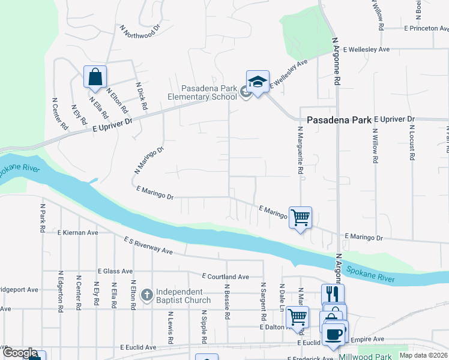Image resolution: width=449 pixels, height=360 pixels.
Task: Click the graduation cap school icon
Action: click(x=258, y=82)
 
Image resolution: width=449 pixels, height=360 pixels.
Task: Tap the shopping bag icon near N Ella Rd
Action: click(x=95, y=77)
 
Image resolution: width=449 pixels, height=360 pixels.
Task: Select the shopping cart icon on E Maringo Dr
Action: click(x=300, y=217)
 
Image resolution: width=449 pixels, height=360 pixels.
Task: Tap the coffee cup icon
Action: click(x=334, y=334)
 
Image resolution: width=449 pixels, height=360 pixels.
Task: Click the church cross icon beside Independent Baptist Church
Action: click(x=146, y=295)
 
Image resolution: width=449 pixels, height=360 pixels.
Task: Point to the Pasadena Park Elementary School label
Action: click(x=202, y=92)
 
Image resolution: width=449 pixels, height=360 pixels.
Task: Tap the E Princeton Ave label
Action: click(x=426, y=28)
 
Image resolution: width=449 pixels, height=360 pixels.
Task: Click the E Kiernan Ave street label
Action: click(x=77, y=232)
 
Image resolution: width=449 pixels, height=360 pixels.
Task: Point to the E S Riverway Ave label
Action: click(x=148, y=246)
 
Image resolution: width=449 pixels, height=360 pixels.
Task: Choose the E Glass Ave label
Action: click(x=115, y=271)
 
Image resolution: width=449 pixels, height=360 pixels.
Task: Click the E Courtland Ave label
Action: click(x=225, y=277)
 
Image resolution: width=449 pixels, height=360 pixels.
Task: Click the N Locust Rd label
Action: click(x=412, y=143)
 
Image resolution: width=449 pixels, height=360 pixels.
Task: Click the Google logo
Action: click(x=20, y=353)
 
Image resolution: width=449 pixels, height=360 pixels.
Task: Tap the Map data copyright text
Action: click(x=423, y=355)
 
